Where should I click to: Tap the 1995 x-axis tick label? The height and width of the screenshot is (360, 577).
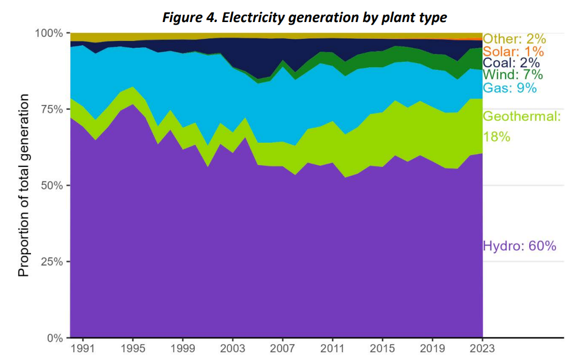pyautogui.click(x=132, y=348)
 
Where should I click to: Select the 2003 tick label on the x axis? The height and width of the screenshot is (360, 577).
pyautogui.click(x=233, y=348)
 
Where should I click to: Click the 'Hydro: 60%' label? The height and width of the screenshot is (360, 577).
pyautogui.click(x=519, y=246)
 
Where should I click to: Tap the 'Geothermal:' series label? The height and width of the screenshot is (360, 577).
pyautogui.click(x=521, y=117)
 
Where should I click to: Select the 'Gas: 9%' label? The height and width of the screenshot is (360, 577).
pyautogui.click(x=509, y=88)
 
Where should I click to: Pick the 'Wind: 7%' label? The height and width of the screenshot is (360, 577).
pyautogui.click(x=512, y=76)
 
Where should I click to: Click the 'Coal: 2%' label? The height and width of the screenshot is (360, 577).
pyautogui.click(x=511, y=63)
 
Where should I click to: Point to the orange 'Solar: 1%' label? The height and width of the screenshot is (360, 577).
pyautogui.click(x=513, y=51)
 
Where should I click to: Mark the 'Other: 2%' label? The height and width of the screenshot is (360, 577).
pyautogui.click(x=515, y=39)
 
